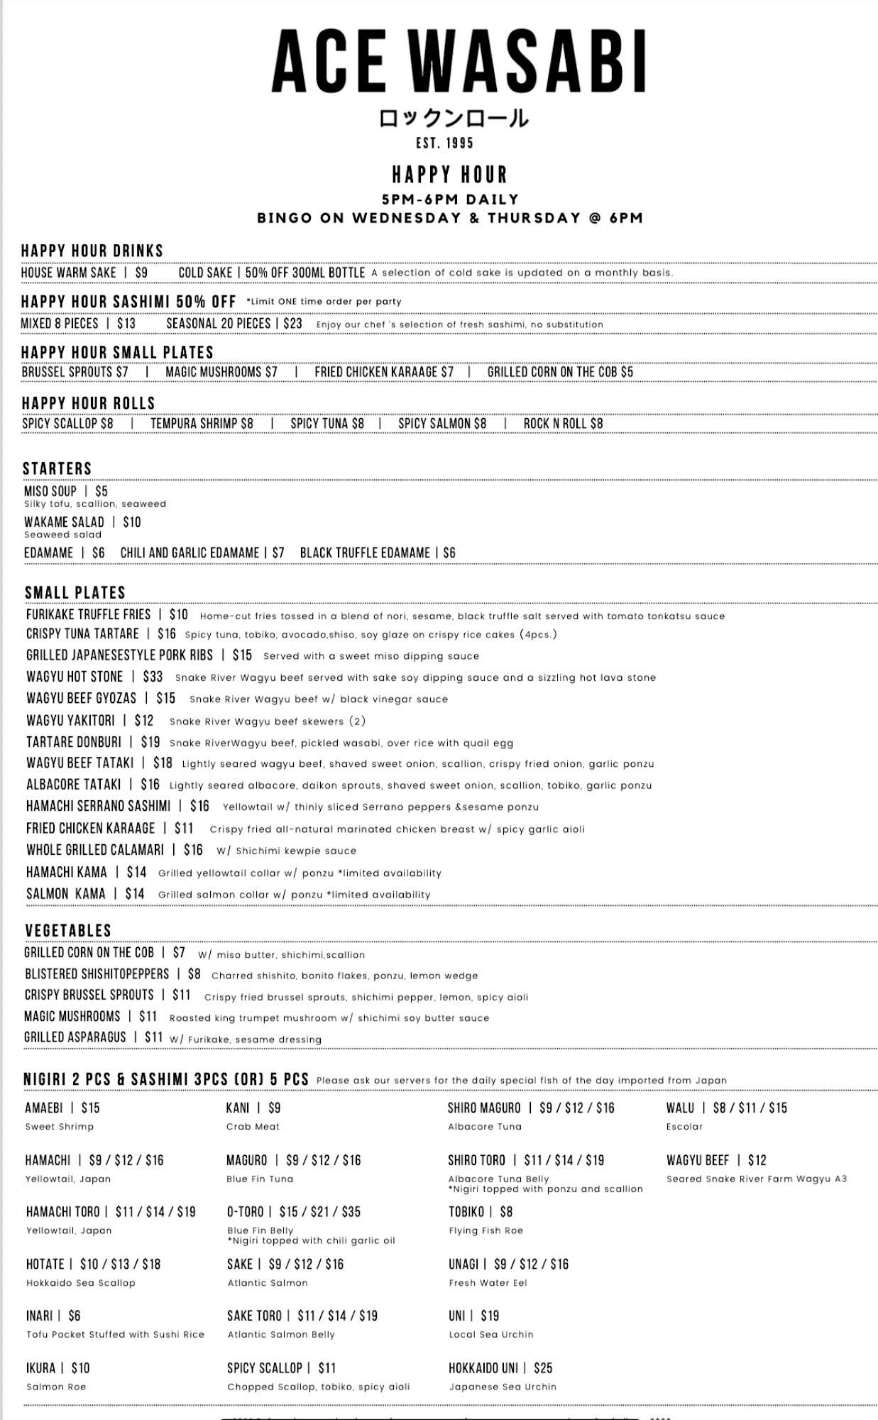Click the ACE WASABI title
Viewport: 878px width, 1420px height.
click(x=459, y=62)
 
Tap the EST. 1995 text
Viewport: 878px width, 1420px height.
click(x=445, y=143)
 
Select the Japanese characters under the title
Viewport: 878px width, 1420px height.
click(x=454, y=118)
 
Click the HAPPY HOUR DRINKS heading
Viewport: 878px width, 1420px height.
click(x=92, y=251)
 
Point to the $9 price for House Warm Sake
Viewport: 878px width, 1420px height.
click(x=141, y=273)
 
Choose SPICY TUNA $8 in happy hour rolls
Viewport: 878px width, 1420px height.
click(x=327, y=424)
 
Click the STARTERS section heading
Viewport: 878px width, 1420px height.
click(x=57, y=469)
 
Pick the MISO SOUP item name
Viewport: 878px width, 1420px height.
click(x=50, y=491)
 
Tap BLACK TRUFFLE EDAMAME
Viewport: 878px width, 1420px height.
click(x=365, y=553)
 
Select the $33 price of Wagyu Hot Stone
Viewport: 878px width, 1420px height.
click(x=153, y=677)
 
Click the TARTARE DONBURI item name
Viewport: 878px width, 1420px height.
click(x=74, y=743)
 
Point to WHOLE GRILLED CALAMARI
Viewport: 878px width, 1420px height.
click(x=95, y=851)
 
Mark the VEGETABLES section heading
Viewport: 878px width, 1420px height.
click(x=68, y=931)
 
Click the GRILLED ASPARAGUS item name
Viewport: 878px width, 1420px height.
click(x=75, y=1037)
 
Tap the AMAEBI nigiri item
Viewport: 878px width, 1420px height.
click(x=44, y=1108)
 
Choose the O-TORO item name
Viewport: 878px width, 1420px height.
click(x=246, y=1212)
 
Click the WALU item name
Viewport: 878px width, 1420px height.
click(x=680, y=1108)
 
